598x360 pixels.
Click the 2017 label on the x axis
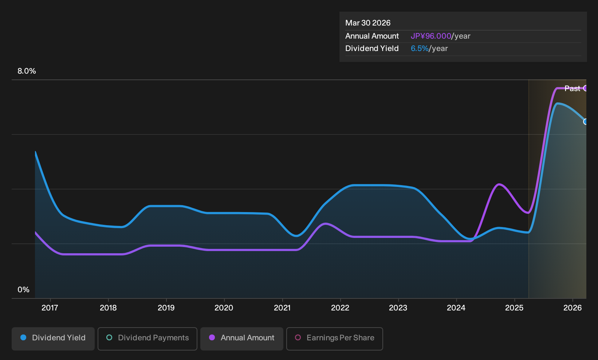click(x=50, y=308)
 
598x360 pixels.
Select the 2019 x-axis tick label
click(x=166, y=308)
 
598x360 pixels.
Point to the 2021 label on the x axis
click(x=282, y=308)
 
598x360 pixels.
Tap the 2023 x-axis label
click(x=398, y=308)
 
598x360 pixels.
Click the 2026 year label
click(x=573, y=308)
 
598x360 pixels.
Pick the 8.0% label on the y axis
click(x=27, y=71)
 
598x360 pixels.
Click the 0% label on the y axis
click(x=24, y=290)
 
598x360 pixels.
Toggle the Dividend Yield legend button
click(x=53, y=339)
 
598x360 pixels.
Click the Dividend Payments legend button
click(x=147, y=339)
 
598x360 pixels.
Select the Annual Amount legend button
click(x=241, y=339)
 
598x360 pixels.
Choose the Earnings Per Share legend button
click(x=334, y=339)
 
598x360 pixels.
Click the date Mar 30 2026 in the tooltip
click(x=368, y=23)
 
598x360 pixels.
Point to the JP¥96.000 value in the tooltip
click(x=431, y=36)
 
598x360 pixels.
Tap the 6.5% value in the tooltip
click(x=420, y=48)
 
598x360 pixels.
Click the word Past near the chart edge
click(x=572, y=89)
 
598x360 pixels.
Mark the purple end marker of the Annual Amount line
click(x=586, y=88)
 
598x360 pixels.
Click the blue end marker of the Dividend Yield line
click(x=586, y=122)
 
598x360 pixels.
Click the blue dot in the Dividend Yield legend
click(x=24, y=337)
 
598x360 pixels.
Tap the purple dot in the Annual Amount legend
click(x=212, y=337)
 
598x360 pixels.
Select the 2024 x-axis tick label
click(x=456, y=308)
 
